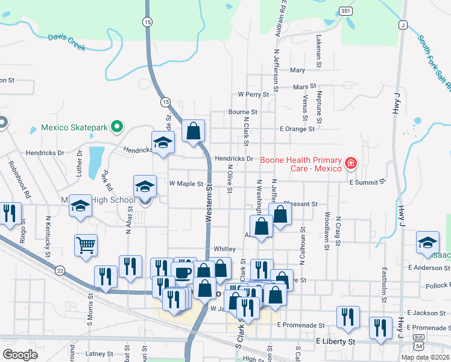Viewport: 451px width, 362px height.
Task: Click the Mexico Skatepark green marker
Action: click(118, 127)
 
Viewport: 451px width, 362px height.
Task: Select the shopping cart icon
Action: click(86, 245)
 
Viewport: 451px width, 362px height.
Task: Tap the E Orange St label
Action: click(297, 129)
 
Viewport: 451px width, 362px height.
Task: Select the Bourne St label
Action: click(243, 112)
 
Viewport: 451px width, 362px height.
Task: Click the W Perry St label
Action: click(253, 94)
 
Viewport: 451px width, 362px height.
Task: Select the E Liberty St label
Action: click(336, 341)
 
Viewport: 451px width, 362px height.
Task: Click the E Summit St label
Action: click(367, 182)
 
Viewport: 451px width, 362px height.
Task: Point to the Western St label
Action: click(209, 205)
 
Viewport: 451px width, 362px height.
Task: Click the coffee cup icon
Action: click(183, 271)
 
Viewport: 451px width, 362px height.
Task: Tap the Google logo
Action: click(20, 354)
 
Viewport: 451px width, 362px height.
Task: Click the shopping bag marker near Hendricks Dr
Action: click(194, 130)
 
